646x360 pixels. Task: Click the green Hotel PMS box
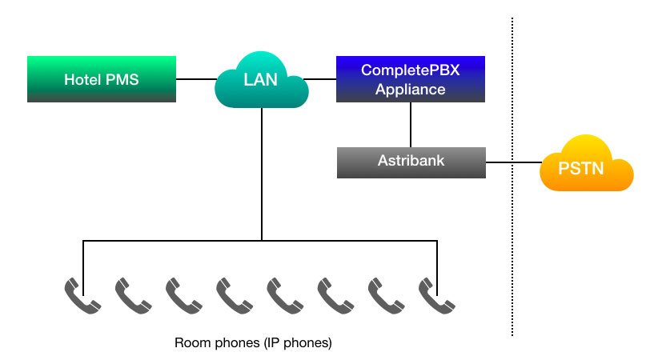(102, 79)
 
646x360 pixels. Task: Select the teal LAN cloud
(262, 79)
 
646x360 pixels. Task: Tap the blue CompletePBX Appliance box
(411, 79)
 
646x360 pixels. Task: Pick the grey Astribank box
(411, 162)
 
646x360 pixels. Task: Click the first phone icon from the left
(82, 295)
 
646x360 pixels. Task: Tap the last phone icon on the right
(437, 295)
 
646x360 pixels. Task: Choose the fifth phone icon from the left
(285, 295)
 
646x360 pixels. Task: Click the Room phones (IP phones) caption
(253, 343)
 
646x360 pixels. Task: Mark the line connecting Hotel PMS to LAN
(196, 79)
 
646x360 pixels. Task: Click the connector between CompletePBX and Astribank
(411, 125)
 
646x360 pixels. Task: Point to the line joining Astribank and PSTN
(512, 163)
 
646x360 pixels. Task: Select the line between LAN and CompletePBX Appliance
(322, 79)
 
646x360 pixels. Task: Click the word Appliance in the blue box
(411, 89)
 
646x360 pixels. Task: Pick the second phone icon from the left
(133, 295)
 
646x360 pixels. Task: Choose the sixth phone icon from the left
(335, 295)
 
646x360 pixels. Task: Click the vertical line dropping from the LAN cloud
(262, 176)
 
